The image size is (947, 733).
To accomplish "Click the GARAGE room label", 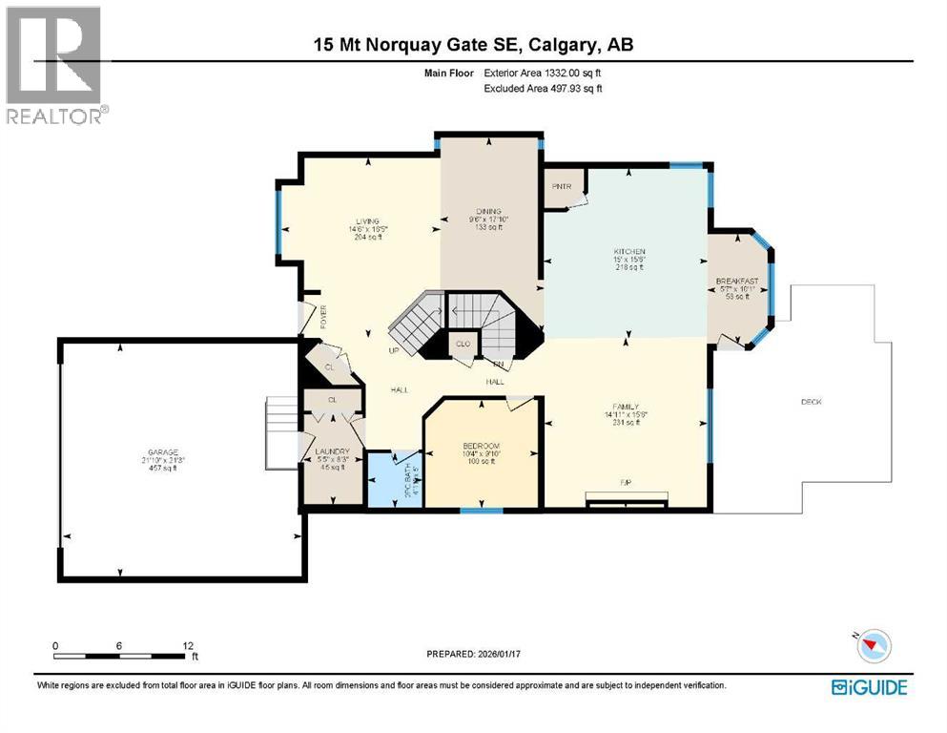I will coord(163,452).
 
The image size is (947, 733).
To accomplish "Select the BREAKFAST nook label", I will coord(737,281).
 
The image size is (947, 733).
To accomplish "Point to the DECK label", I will coord(811,402).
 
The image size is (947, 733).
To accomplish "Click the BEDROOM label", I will coord(482,447).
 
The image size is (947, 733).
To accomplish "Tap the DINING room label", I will coord(489,212).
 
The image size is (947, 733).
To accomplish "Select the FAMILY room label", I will coord(626,406).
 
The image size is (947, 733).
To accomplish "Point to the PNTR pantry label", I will coord(560,186).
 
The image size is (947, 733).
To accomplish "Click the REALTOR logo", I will coord(56,66).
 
